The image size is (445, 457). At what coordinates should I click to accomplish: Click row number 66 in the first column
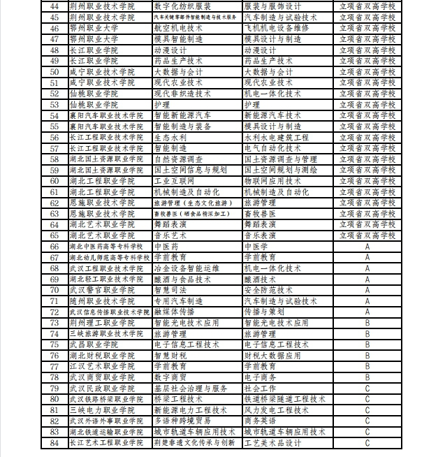pyautogui.click(x=54, y=247)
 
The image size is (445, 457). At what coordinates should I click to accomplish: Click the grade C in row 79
pyautogui.click(x=367, y=388)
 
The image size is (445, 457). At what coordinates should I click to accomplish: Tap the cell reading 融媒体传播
pyautogui.click(x=175, y=312)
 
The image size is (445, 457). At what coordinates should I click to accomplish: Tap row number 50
pyautogui.click(x=54, y=71)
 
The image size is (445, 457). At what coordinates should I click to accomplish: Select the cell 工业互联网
pyautogui.click(x=175, y=180)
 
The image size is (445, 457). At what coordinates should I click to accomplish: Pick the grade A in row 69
pyautogui.click(x=367, y=279)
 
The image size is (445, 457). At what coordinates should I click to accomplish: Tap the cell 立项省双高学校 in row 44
pyautogui.click(x=367, y=6)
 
